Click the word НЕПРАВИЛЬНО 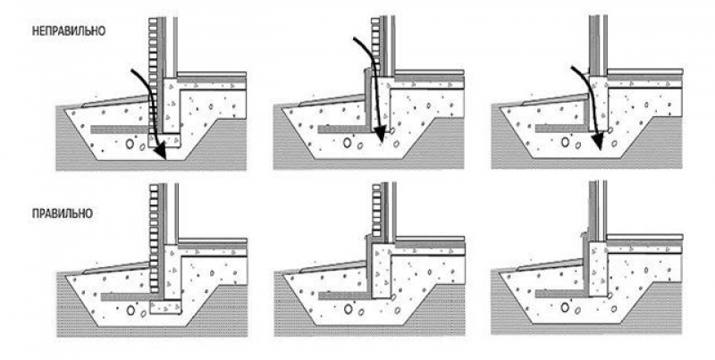point(69,31)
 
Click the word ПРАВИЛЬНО point(63,213)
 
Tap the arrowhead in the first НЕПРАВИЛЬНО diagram point(160,150)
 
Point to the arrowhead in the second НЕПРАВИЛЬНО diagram point(379,136)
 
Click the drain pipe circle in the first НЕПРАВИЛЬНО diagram point(130,144)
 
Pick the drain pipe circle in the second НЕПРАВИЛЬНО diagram point(348,143)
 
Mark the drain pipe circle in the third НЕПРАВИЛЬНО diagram point(565,142)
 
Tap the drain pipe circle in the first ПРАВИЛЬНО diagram point(130,310)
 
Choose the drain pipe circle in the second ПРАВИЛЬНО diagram point(348,309)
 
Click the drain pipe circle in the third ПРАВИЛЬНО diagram point(565,307)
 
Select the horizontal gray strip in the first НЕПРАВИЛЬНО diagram point(120,130)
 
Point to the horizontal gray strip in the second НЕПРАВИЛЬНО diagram point(343,130)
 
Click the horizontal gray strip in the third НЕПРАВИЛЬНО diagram point(561,129)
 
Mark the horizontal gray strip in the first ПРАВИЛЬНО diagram point(125,297)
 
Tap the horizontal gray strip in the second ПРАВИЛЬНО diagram point(345,296)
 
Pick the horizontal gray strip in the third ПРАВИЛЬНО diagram point(562,294)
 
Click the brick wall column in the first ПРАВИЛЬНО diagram point(154,239)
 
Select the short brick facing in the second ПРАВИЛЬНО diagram point(376,209)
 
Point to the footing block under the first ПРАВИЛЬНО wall point(166,307)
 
